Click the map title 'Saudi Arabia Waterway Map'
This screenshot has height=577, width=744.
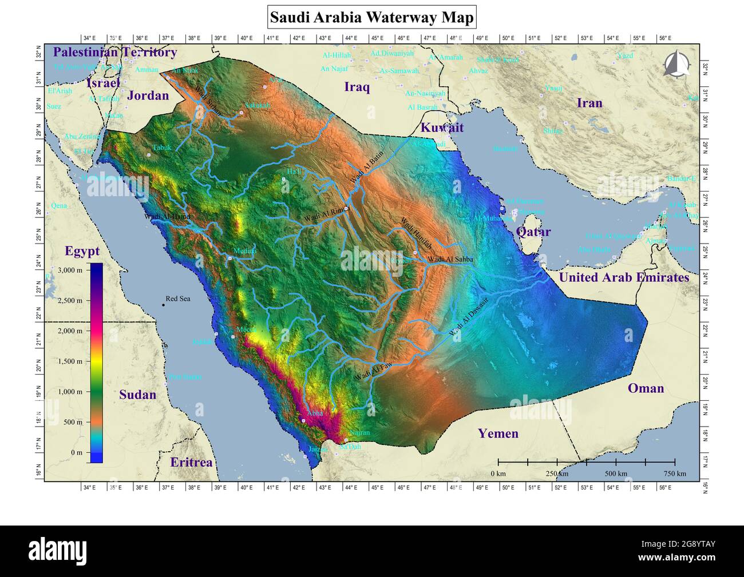click(x=371, y=17)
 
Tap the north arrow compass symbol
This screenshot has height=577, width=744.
click(x=674, y=63)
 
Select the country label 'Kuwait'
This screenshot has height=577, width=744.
click(x=442, y=128)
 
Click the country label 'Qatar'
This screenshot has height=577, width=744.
click(x=533, y=232)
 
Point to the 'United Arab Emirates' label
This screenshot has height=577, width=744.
click(x=624, y=277)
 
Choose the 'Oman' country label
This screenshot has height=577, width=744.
click(x=646, y=388)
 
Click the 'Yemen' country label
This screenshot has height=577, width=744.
click(x=498, y=433)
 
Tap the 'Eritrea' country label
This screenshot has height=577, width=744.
click(x=191, y=462)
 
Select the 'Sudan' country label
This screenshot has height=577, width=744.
click(x=137, y=395)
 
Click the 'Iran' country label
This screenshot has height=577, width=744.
click(x=589, y=103)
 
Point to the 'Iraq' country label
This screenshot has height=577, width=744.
click(x=357, y=87)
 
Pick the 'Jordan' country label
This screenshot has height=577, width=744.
click(x=148, y=95)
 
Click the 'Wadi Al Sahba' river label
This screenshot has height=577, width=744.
click(x=450, y=259)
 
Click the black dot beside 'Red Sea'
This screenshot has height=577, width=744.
click(x=163, y=305)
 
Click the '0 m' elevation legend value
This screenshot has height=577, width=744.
click(x=76, y=452)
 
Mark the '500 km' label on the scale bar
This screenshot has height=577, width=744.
click(x=616, y=473)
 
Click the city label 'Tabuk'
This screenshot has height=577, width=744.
click(x=161, y=148)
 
